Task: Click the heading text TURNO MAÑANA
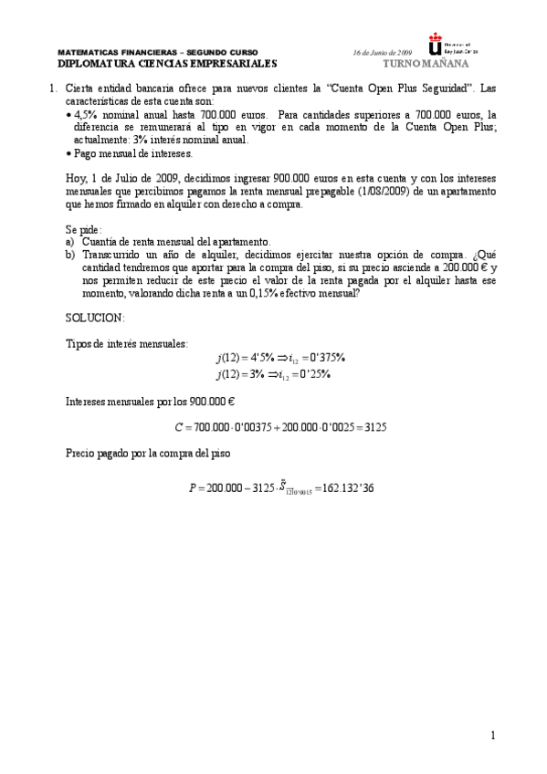426,65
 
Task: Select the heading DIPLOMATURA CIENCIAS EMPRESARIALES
166,65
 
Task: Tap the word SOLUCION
95,317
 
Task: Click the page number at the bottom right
491,736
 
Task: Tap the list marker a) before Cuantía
70,242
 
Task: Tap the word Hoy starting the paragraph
78,179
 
